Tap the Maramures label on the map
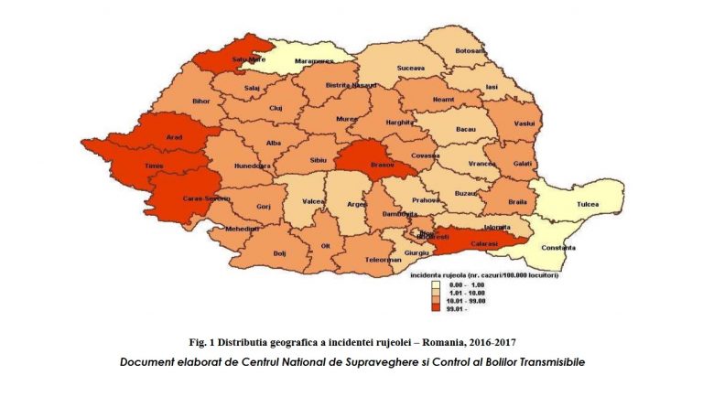click(298, 63)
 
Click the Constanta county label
click(556, 248)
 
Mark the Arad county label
click(173, 138)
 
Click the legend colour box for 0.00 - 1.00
click(438, 285)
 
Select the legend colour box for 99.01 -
click(438, 308)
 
